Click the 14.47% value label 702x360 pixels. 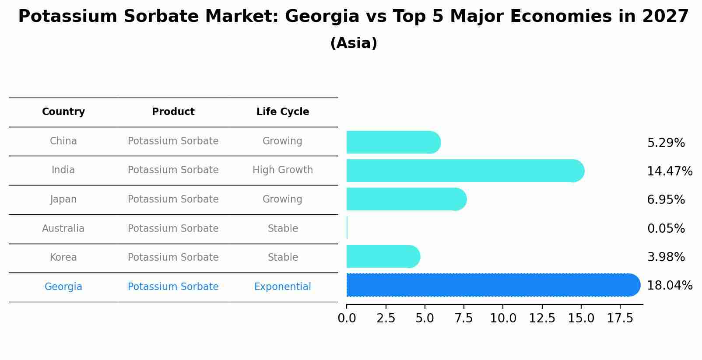tap(669, 171)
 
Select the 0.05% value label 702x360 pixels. tap(666, 229)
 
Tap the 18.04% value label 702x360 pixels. tap(669, 286)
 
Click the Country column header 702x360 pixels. tap(63, 112)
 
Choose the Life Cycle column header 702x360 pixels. tap(283, 112)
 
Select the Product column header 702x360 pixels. tap(173, 112)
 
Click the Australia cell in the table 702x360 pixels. tap(63, 229)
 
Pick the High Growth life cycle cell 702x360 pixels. tap(283, 170)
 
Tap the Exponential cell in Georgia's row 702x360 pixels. tap(283, 287)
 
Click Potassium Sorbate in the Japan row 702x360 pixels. tap(173, 199)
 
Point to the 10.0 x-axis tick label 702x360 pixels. tap(503, 318)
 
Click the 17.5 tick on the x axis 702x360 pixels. tap(620, 318)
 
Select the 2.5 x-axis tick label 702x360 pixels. tap(386, 318)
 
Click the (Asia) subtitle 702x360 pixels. tap(354, 43)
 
